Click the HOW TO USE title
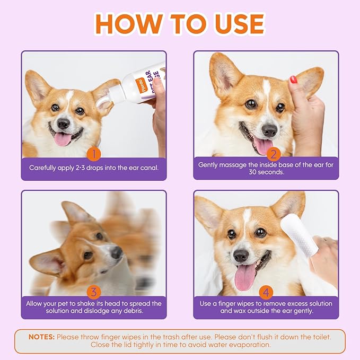[180, 23]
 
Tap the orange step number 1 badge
[93, 154]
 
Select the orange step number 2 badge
[274, 154]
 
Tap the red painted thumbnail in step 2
[293, 80]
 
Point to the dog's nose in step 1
[63, 124]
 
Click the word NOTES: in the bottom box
[41, 337]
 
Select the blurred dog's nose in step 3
[117, 252]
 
